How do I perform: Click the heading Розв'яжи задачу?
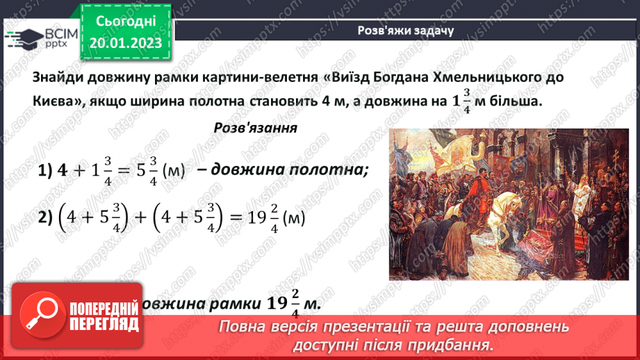[x=405, y=31]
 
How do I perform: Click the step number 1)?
[x=45, y=170]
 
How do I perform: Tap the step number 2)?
[x=46, y=218]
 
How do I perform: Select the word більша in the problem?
[x=515, y=101]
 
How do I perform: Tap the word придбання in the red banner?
[x=457, y=344]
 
